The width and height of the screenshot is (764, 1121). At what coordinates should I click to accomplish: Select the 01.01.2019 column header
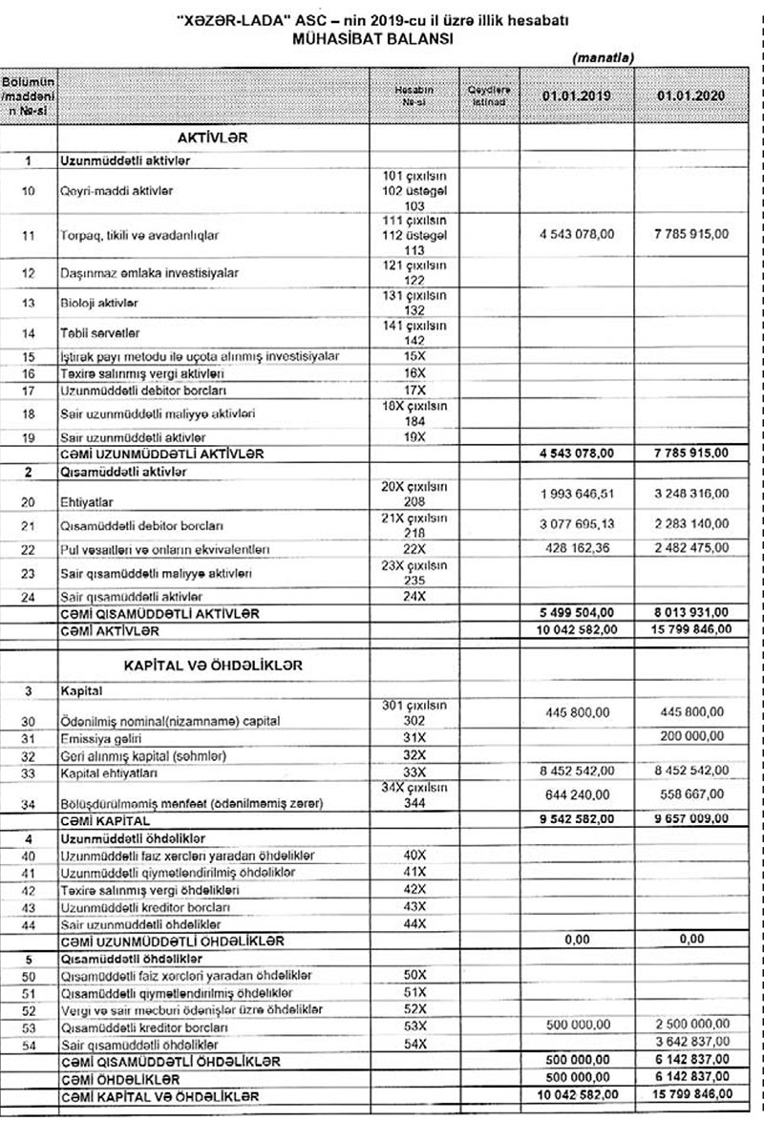tap(576, 96)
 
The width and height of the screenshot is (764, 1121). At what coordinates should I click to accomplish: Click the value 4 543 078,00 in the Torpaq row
tap(576, 233)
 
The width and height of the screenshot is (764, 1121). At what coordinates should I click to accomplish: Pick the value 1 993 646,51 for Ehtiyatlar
tap(576, 493)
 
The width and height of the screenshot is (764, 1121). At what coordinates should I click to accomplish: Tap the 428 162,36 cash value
tap(576, 549)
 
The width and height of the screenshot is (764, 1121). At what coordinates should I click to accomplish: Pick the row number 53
tap(28, 1027)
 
